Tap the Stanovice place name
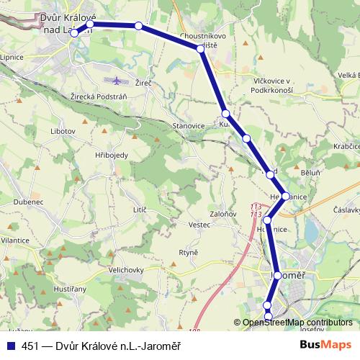coord(189,125)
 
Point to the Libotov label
coord(63,132)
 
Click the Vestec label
coord(199,225)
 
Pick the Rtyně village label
coord(188,252)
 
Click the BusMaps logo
coord(325,345)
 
